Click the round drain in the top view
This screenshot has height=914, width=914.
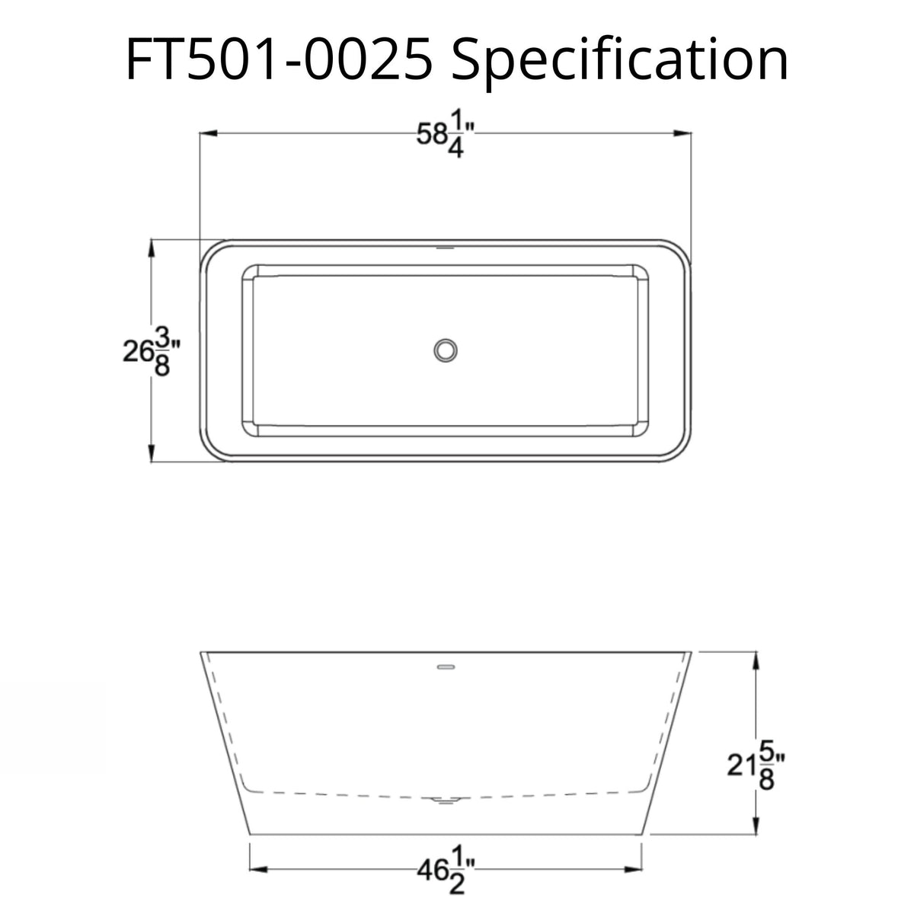tap(446, 350)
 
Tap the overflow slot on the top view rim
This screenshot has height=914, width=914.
tap(446, 248)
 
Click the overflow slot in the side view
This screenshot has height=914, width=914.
tap(446, 667)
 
